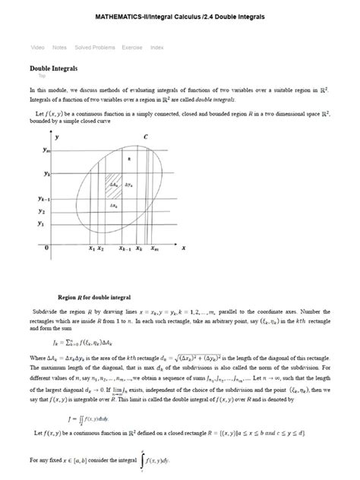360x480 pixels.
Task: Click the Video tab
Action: click(37, 47)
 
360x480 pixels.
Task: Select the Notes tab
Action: click(59, 47)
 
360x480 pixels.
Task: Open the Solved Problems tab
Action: click(95, 47)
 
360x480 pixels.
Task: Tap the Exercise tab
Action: click(131, 47)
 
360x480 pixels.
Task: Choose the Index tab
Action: click(156, 47)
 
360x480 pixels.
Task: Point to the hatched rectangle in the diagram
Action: click(113, 187)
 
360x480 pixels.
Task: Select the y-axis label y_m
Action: click(47, 150)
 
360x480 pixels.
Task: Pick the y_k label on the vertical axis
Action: click(47, 174)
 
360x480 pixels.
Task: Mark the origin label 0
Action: click(47, 248)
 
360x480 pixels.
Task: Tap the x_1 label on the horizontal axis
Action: click(91, 248)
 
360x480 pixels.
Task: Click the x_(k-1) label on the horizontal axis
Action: click(125, 248)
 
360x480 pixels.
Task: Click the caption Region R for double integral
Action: click(94, 297)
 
